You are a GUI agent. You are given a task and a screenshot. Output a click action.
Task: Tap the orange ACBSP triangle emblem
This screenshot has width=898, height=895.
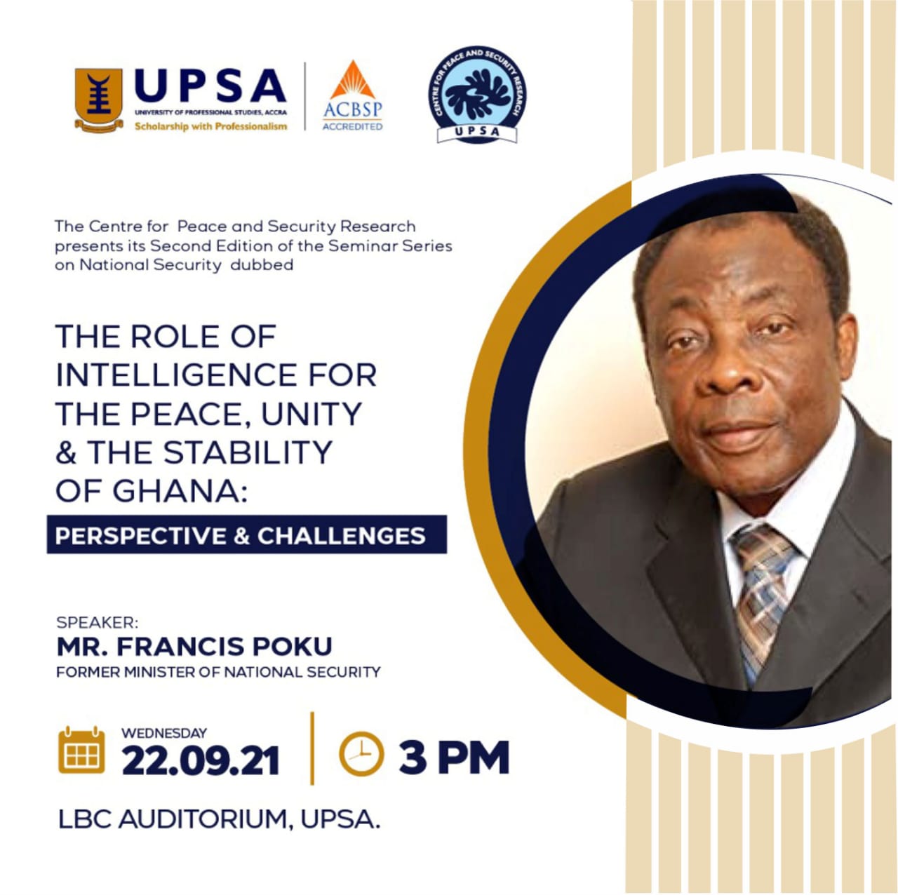pyautogui.click(x=352, y=80)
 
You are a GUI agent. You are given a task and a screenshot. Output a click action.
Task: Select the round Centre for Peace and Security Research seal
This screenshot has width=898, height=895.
pyautogui.click(x=477, y=95)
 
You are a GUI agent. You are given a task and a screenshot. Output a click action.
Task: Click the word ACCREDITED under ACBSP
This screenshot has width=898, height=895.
pyautogui.click(x=352, y=126)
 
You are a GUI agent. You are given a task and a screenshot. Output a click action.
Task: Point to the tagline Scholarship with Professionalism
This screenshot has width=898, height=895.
pyautogui.click(x=210, y=126)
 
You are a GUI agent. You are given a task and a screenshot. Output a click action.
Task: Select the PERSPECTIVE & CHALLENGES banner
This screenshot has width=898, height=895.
pyautogui.click(x=246, y=535)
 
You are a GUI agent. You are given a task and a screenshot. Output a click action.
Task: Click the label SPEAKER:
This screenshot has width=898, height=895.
pyautogui.click(x=98, y=622)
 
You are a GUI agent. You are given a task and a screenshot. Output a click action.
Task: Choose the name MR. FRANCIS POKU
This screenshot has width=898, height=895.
pyautogui.click(x=194, y=647)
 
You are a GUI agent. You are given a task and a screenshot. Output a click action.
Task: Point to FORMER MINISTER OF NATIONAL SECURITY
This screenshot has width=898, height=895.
pyautogui.click(x=218, y=672)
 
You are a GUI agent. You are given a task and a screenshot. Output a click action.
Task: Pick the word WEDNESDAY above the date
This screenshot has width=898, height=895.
pyautogui.click(x=164, y=733)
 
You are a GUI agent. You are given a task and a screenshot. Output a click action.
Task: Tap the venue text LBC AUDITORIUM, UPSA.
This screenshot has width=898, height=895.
pyautogui.click(x=219, y=820)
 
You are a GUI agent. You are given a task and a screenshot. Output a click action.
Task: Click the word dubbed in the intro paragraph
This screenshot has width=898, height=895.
pyautogui.click(x=262, y=265)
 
